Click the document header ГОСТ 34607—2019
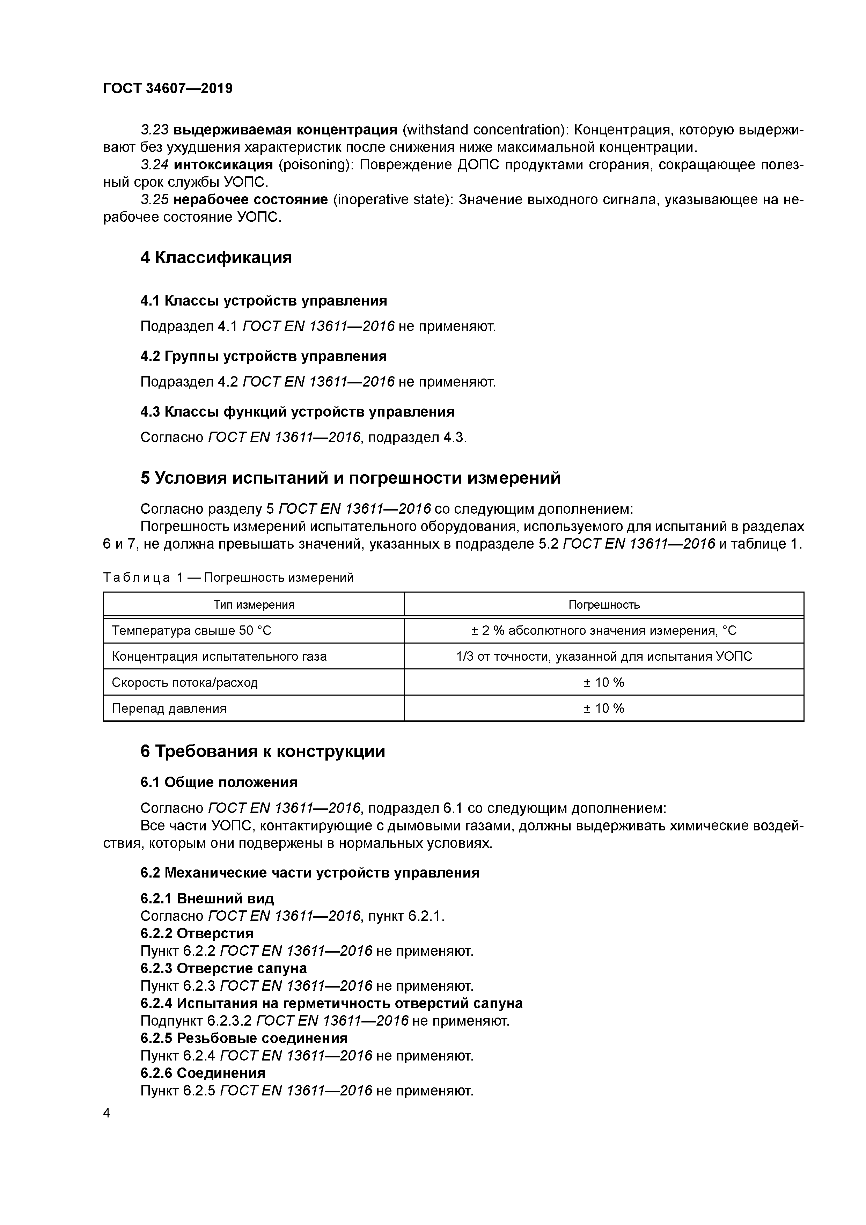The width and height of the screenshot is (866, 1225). (x=168, y=88)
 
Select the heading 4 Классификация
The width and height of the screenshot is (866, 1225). (x=216, y=258)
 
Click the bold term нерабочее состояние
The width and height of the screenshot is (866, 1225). (x=251, y=199)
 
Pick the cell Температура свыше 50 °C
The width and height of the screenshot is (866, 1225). (x=192, y=631)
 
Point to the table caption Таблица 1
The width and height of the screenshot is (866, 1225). (x=228, y=577)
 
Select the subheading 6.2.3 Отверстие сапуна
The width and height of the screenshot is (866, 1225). (x=223, y=968)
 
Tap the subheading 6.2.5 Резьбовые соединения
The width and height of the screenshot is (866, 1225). (x=244, y=1038)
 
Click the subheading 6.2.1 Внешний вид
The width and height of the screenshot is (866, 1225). (x=207, y=898)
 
